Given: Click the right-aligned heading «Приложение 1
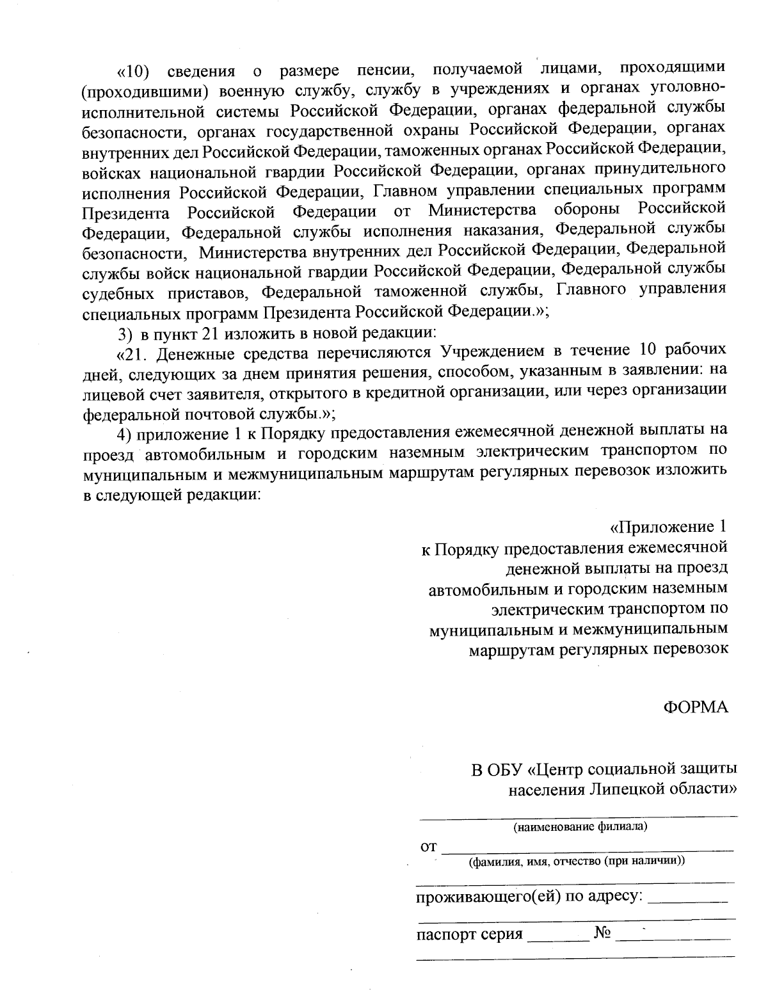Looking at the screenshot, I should (668, 527).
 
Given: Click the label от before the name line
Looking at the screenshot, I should (428, 847).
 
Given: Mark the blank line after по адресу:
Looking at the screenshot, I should (688, 901).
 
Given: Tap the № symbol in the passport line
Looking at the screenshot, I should (604, 933).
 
